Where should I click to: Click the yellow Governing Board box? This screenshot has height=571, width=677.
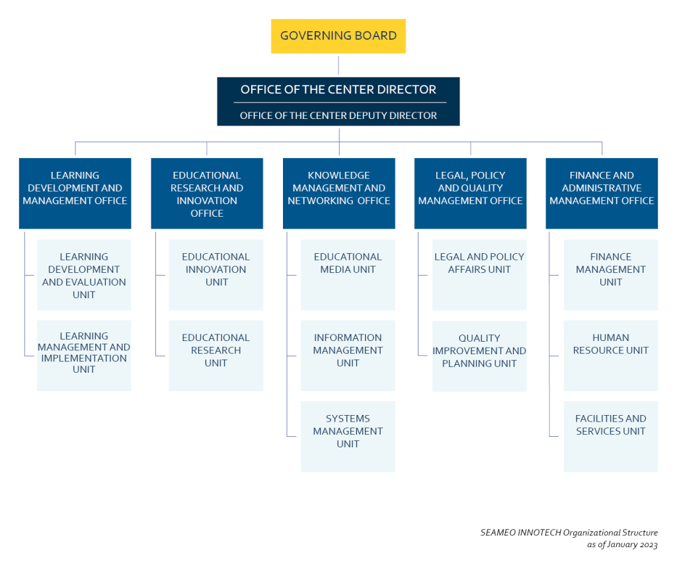(338, 36)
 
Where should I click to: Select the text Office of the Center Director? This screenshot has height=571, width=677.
(338, 89)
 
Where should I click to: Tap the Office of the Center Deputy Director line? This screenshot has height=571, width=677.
(338, 116)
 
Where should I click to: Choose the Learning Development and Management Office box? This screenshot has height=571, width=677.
(75, 192)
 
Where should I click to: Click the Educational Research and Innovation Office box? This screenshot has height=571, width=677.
(206, 193)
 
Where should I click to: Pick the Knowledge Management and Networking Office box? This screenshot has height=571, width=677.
(338, 192)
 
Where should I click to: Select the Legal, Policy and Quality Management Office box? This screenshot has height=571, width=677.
(470, 192)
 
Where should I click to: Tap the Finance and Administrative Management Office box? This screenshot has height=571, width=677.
(602, 192)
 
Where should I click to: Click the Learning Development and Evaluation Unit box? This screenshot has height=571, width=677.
(84, 275)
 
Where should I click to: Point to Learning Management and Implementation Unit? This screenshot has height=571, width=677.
(84, 355)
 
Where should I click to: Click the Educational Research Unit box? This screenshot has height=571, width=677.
(216, 355)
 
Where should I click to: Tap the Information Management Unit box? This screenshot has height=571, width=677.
(348, 355)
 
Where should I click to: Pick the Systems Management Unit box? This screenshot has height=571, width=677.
(348, 436)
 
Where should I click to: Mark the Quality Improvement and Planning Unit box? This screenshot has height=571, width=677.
(479, 355)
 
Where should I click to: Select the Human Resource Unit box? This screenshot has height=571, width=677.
(610, 355)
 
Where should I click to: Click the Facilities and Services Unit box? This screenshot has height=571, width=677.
(610, 436)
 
